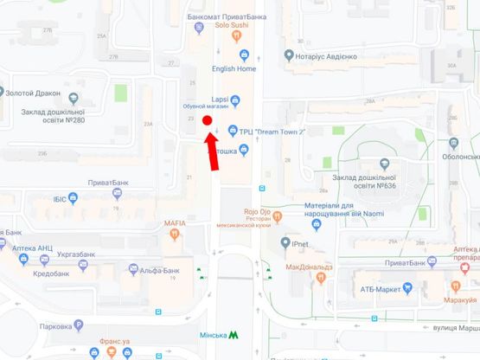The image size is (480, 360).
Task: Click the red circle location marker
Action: tap(208, 119)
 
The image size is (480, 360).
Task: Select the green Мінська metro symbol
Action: tap(234, 335)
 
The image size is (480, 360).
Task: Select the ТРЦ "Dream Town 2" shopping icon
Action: tap(233, 131)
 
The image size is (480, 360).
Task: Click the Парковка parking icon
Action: tap(79, 326)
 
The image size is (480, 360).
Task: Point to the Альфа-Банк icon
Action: tap(133, 269)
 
